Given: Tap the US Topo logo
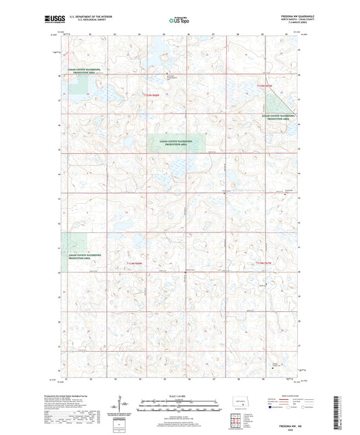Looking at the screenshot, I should pyautogui.click(x=175, y=21).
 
